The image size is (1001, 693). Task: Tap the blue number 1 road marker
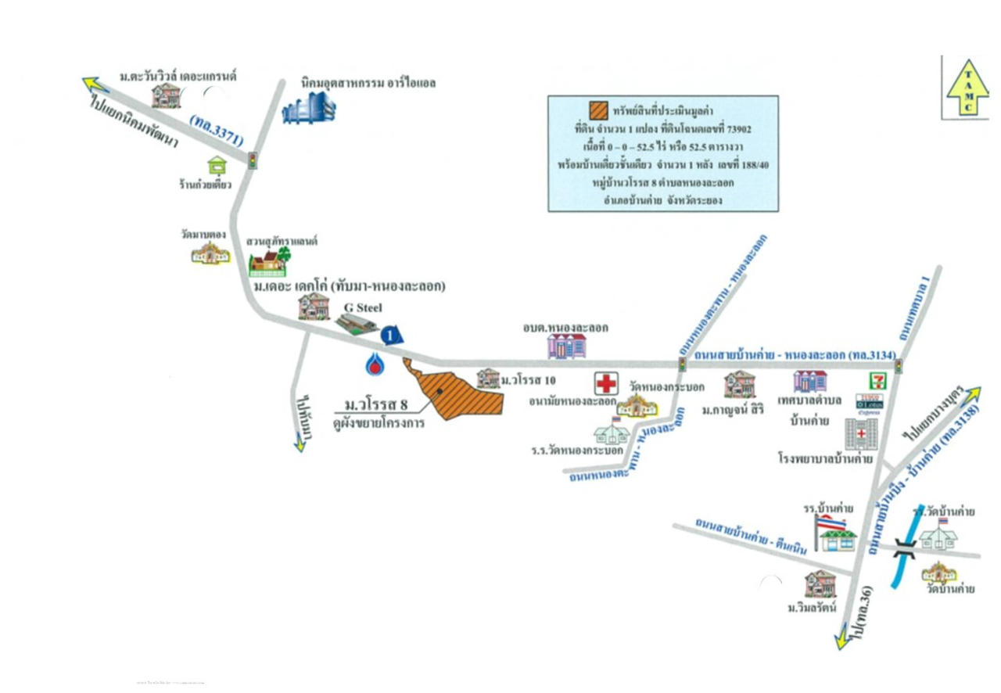point(392,336)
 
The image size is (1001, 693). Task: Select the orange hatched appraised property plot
point(454,390)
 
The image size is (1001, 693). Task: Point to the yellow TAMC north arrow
point(968,88)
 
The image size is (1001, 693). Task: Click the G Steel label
point(361,307)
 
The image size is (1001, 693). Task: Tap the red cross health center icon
point(606,383)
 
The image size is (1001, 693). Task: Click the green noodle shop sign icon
point(217,165)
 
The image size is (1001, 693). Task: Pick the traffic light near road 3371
point(253,160)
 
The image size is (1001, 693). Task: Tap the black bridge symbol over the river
point(906,548)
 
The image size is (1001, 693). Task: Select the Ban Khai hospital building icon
point(860,434)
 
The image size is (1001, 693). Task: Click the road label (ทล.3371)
point(217,129)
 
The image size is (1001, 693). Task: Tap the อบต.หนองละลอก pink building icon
point(567,345)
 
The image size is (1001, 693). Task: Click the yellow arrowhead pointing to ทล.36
point(842,641)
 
